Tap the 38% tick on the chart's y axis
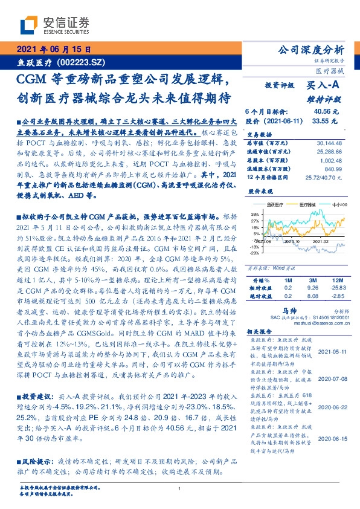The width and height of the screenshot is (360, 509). point(255,214)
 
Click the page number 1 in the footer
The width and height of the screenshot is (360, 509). point(180,488)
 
